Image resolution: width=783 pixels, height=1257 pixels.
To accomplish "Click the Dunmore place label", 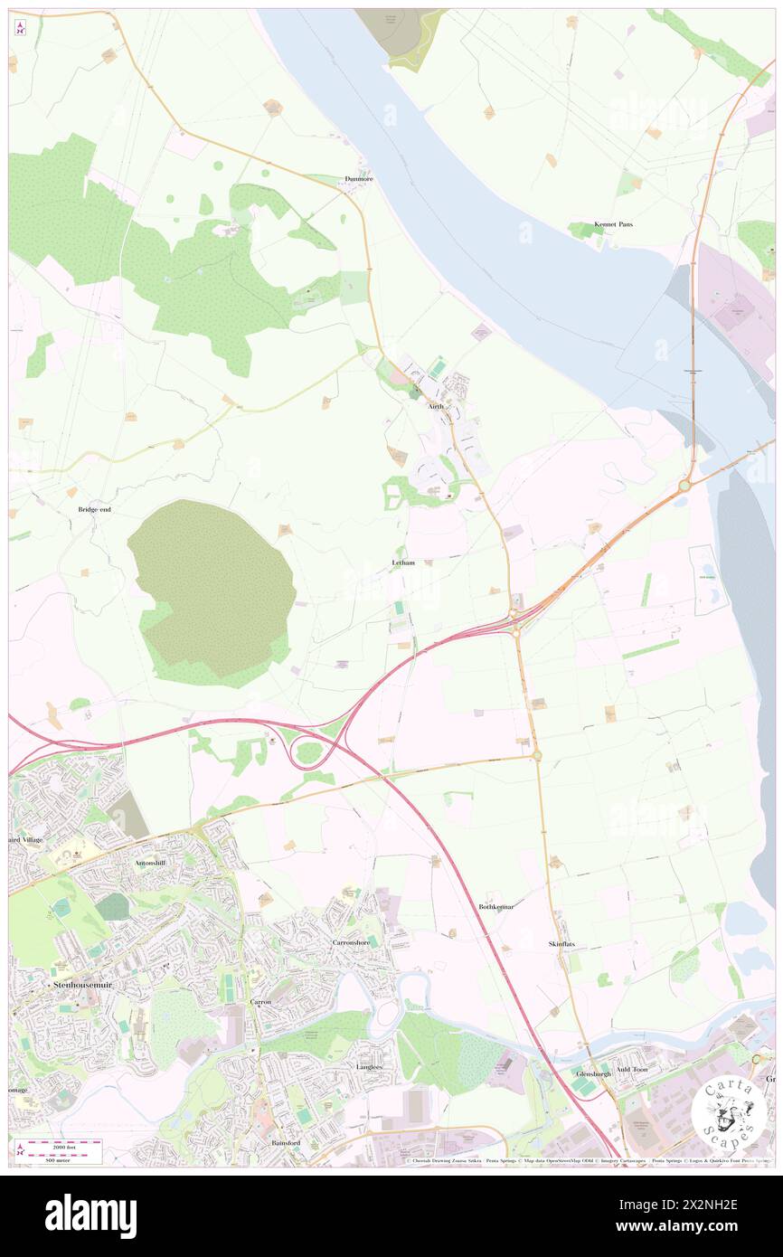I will pos(359,179).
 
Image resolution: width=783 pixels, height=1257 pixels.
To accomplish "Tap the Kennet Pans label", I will pos(613,223).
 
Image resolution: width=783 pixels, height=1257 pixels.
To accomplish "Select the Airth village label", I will pos(436,407).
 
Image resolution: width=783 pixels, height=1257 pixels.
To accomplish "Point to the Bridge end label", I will pos(94,510).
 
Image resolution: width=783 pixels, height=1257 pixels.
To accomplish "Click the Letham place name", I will pos(403,562).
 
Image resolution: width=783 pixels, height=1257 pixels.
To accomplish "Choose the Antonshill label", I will pos(150,864).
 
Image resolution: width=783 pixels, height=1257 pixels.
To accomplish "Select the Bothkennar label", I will pos(496,906).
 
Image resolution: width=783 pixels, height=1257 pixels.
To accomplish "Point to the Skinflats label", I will pos(561,944).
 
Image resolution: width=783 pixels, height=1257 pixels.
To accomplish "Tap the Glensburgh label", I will pos(594,1073).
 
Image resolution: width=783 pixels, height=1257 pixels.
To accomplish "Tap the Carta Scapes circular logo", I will pos(728,1108).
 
